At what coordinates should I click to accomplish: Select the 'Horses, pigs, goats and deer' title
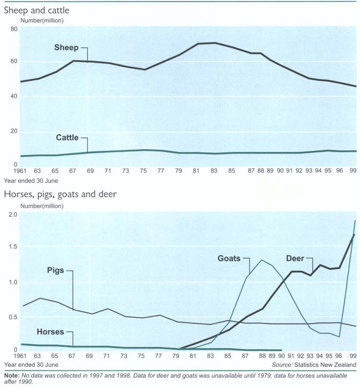[60, 195]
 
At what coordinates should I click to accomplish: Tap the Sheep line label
[66, 48]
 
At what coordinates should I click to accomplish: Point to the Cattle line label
[67, 138]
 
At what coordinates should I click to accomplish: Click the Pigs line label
[56, 270]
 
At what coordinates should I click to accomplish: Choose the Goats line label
[229, 258]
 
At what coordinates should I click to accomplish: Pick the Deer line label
[295, 258]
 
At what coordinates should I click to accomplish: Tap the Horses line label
[50, 332]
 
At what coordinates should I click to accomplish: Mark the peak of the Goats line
[262, 260]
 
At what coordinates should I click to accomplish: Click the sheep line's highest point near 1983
[215, 43]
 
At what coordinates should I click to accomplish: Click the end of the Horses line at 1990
[281, 350]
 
